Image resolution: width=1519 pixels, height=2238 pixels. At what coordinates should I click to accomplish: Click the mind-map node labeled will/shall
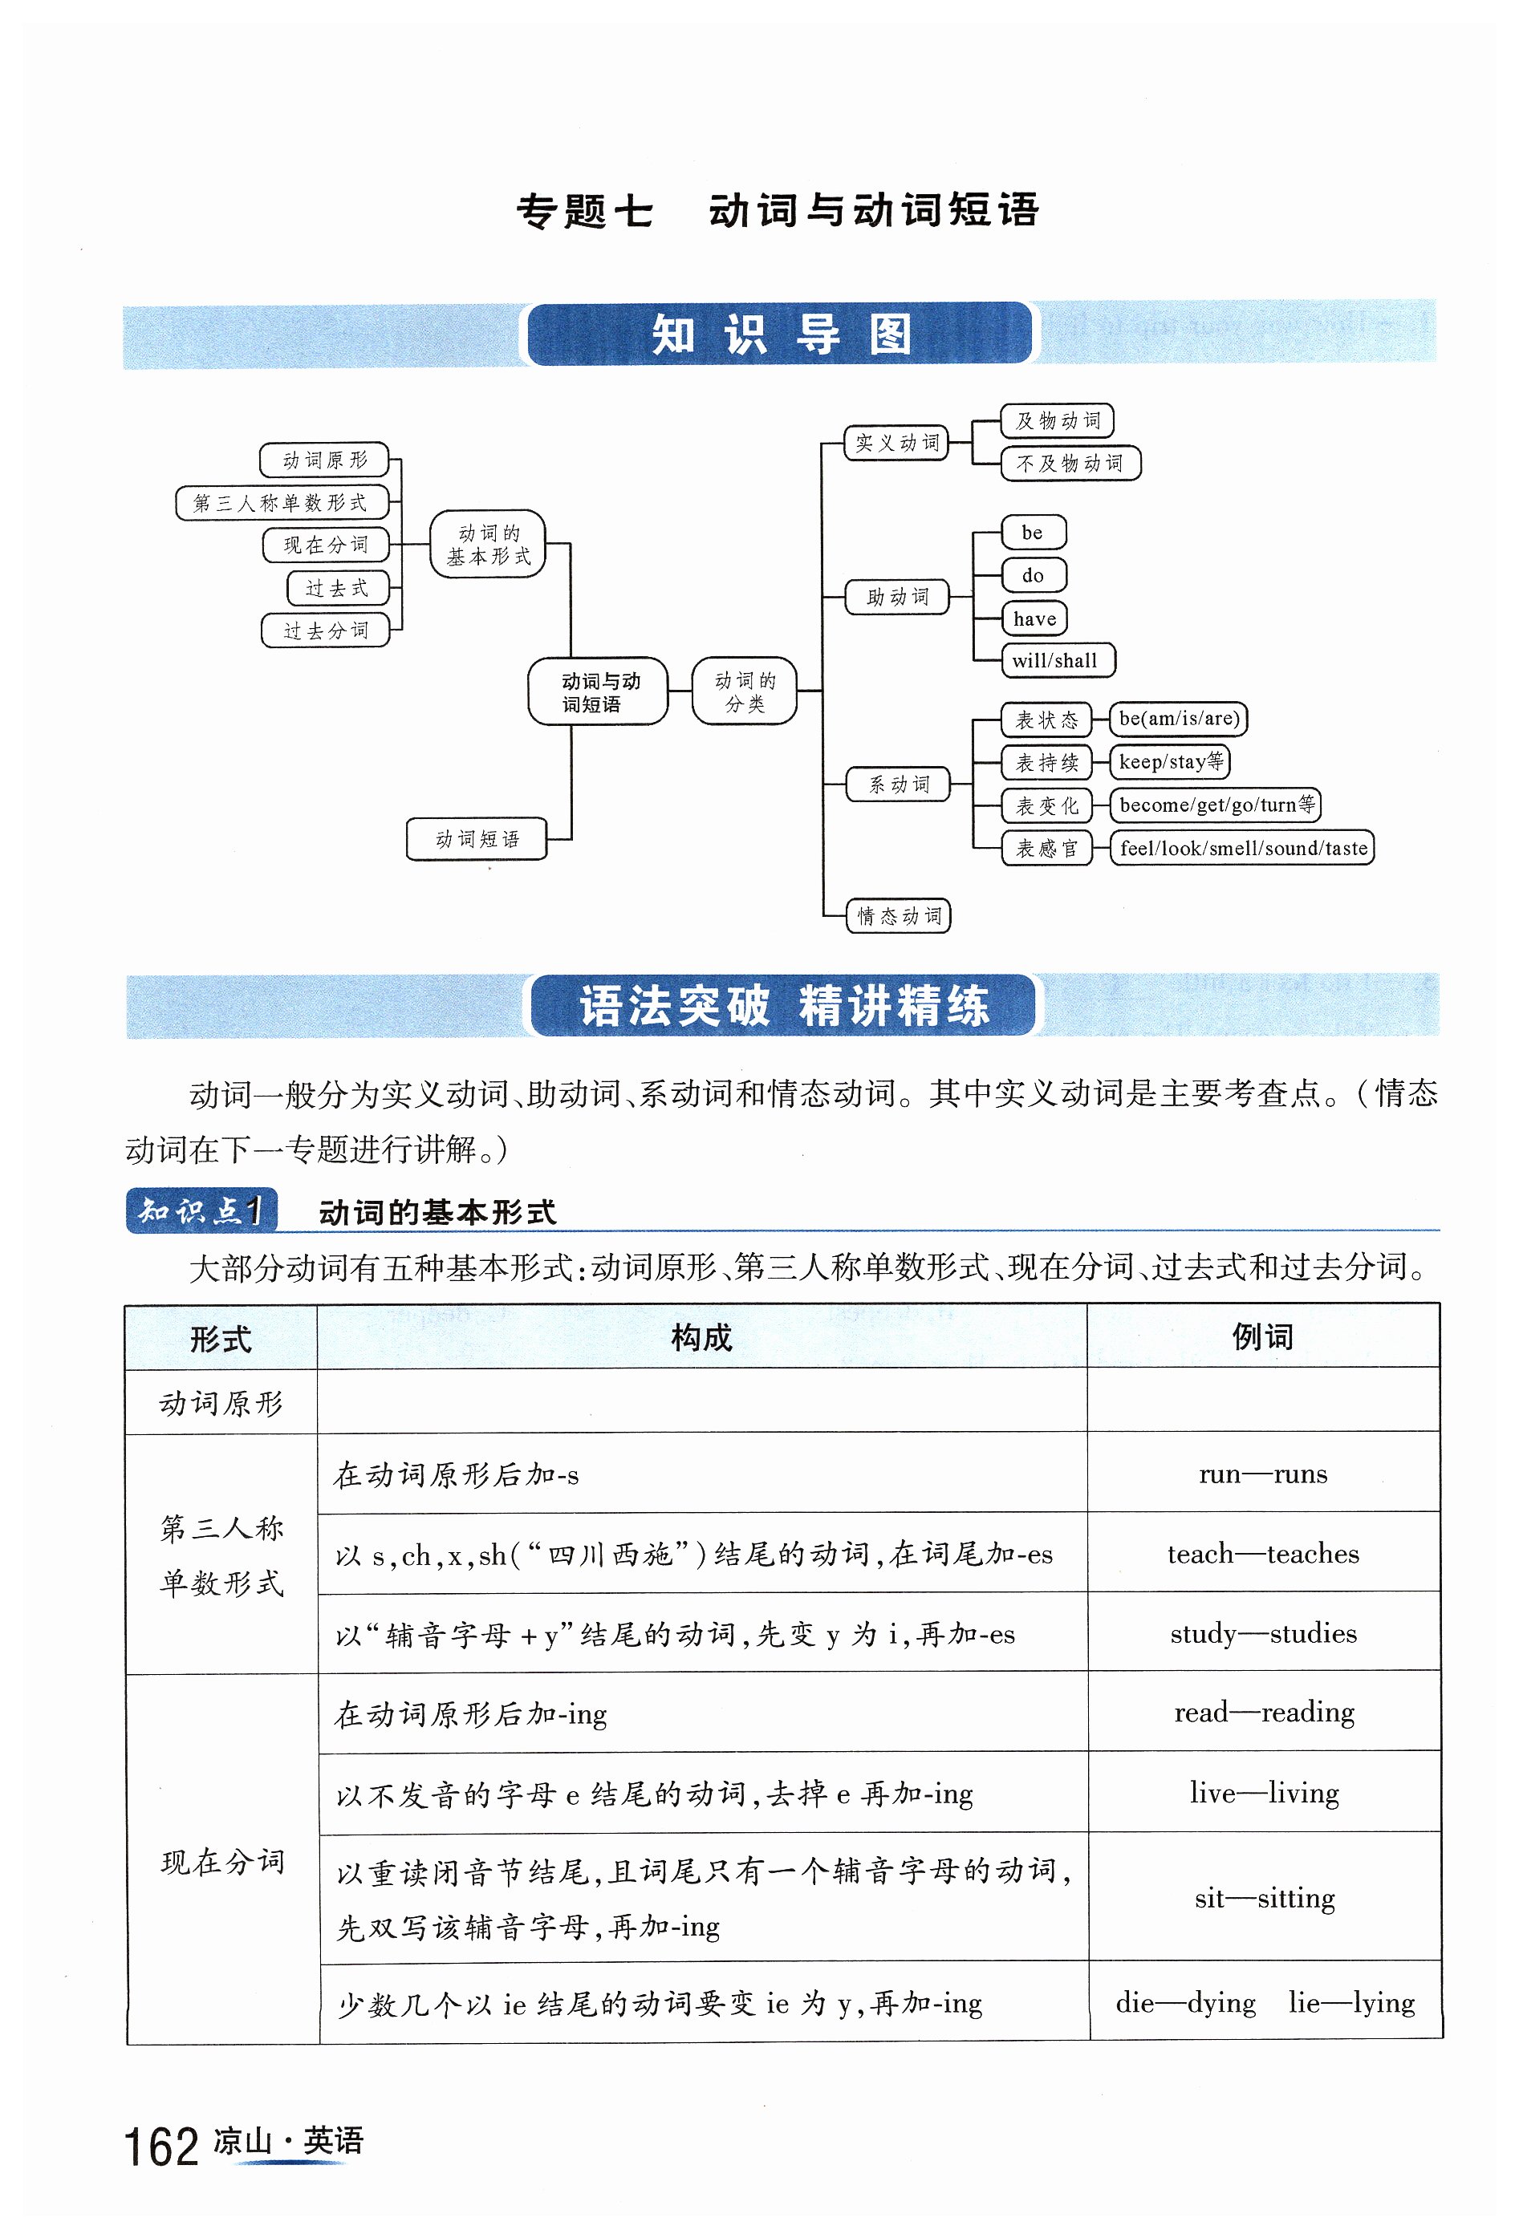[x=1057, y=661]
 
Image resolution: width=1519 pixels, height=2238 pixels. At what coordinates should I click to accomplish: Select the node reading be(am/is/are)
[x=1178, y=720]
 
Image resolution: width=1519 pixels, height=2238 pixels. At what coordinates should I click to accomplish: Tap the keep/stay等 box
[x=1169, y=762]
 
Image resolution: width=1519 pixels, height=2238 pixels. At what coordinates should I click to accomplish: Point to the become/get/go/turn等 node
[x=1216, y=805]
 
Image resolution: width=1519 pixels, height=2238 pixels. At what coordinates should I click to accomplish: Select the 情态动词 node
[x=899, y=916]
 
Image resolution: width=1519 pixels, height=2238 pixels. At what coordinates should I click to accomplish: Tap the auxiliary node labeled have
[x=1034, y=619]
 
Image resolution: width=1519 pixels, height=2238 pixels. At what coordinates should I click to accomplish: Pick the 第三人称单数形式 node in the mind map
[x=282, y=503]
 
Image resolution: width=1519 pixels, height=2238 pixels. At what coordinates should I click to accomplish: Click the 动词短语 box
[x=477, y=840]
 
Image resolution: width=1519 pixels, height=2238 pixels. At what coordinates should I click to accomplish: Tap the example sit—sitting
[x=1264, y=1899]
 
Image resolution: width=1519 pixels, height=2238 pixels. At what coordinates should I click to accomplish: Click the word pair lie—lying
[x=1350, y=2003]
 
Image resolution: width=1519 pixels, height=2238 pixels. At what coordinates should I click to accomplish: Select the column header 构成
[x=701, y=1338]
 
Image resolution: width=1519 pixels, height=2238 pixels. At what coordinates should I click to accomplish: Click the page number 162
[x=160, y=2147]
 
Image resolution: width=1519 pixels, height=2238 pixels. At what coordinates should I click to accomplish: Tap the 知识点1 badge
[x=201, y=1210]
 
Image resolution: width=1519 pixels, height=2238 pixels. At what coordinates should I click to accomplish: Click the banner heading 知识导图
[x=779, y=334]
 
